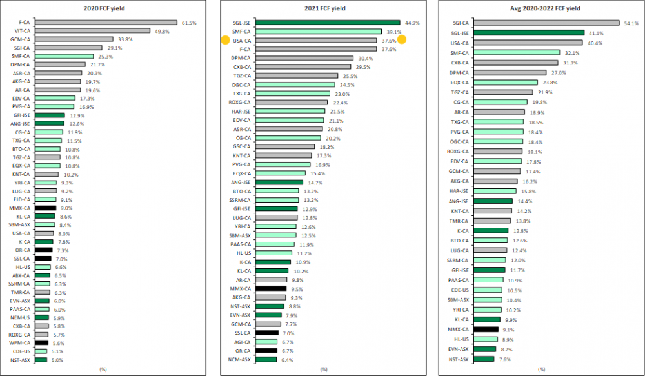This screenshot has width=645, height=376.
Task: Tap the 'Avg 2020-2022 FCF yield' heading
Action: (543, 10)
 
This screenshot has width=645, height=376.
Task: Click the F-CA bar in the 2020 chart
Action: (106, 22)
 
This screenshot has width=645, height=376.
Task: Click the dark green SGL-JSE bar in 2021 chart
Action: (328, 22)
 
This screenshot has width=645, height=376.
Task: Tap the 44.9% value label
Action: (412, 22)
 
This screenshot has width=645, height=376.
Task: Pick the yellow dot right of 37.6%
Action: (402, 39)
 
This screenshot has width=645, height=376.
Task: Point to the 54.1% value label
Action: (631, 23)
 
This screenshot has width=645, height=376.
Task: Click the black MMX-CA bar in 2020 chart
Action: (45, 208)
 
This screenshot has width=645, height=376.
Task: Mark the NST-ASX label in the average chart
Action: (459, 359)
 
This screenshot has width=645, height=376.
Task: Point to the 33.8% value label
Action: (125, 39)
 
